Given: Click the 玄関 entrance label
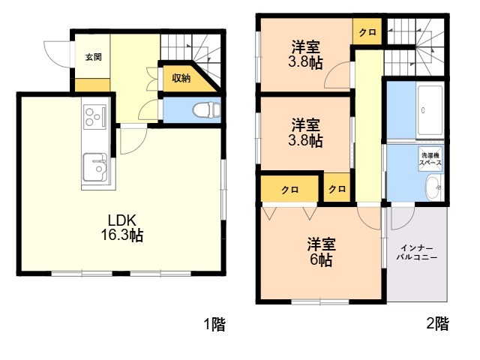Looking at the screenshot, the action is click(93, 57).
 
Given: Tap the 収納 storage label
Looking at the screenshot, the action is click(181, 78).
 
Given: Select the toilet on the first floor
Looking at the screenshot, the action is click(206, 110).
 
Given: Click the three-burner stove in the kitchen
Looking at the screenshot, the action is click(95, 117).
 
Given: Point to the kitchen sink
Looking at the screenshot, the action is click(95, 167).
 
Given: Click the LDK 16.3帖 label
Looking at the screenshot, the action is click(121, 227).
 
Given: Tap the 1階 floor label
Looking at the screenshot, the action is click(215, 324).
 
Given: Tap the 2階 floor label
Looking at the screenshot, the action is click(438, 323).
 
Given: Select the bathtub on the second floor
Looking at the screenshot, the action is click(430, 111).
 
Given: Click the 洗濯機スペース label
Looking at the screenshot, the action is click(430, 159).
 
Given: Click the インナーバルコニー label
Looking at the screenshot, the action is click(417, 252).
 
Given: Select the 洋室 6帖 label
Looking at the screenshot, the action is click(321, 252).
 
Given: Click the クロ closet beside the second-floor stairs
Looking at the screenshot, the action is click(367, 31).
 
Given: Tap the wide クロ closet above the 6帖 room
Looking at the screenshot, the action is click(290, 190).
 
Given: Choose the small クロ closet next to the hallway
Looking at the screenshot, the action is click(337, 189).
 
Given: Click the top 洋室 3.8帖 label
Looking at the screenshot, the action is click(305, 55).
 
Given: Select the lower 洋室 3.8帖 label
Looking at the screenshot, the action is click(305, 133).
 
